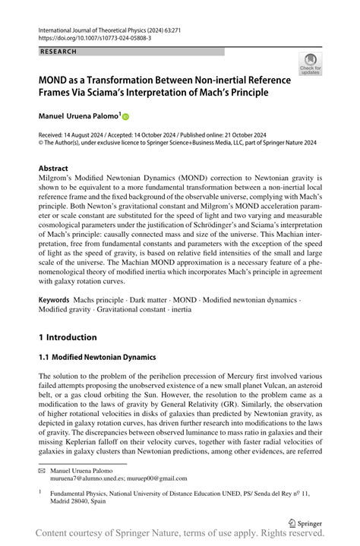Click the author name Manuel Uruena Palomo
pyautogui.click(x=75, y=116)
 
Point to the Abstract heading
pyautogui.click(x=55, y=167)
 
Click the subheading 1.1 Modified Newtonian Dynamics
pyautogui.click(x=97, y=356)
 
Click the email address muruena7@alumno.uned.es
pyautogui.click(x=90, y=478)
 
